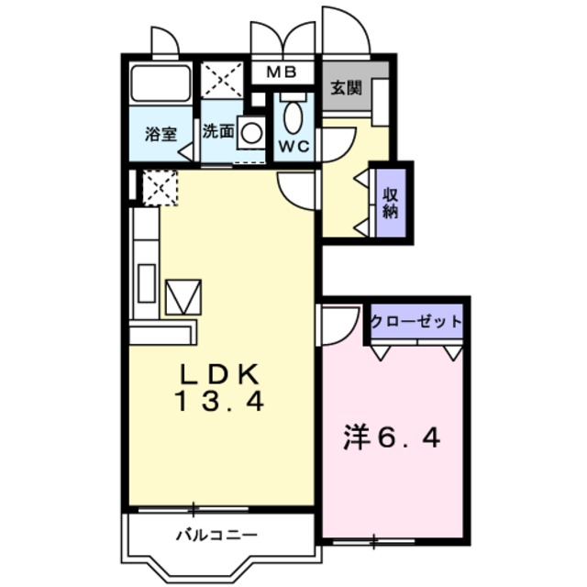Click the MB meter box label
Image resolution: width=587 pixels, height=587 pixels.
tap(282, 72)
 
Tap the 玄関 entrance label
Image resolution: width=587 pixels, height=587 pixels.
tap(347, 88)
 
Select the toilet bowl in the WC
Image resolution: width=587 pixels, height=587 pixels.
tap(293, 116)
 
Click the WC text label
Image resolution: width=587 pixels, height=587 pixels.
tap(293, 147)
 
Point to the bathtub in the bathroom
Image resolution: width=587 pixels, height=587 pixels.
tap(161, 83)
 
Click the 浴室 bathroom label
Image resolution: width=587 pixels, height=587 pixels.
tap(161, 134)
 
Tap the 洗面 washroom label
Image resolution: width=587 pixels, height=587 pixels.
tap(218, 131)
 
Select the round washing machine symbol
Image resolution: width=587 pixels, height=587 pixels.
tap(251, 132)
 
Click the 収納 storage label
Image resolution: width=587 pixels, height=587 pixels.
tap(391, 203)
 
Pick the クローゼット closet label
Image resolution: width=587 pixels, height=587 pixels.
tap(416, 321)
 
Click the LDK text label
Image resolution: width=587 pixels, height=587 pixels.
tap(220, 374)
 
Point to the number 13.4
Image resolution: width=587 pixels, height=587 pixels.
tap(219, 401)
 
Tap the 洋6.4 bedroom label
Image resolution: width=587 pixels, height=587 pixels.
tap(392, 438)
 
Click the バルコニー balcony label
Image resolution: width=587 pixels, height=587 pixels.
tap(216, 535)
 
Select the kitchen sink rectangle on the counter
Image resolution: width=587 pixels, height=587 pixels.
tap(147, 283)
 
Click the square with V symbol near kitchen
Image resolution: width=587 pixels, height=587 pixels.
tap(183, 297)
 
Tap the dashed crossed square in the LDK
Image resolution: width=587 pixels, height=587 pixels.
tap(160, 187)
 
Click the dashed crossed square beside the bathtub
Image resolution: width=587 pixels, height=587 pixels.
tap(222, 80)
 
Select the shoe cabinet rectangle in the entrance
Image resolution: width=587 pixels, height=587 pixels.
tap(381, 102)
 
